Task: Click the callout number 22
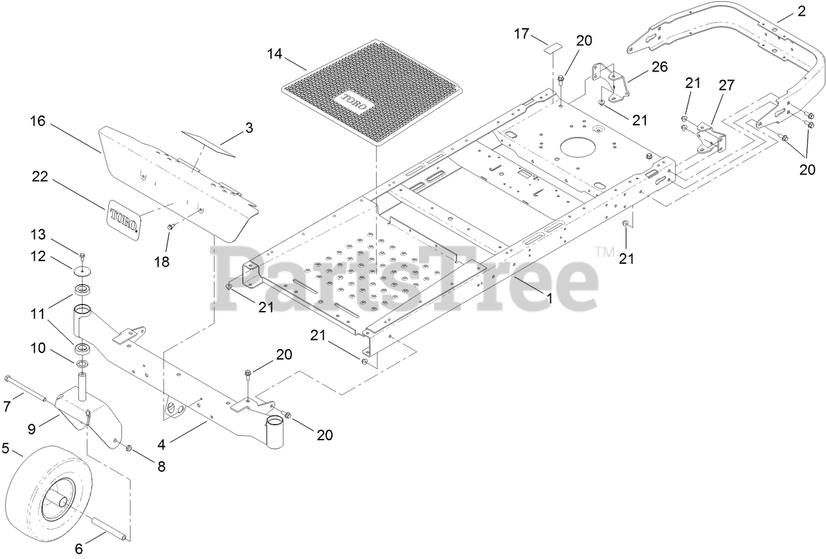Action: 41,176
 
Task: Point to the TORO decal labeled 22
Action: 124,216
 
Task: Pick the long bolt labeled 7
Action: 26,388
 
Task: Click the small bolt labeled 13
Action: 83,255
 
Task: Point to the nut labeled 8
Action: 129,448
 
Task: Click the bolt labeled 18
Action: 170,227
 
